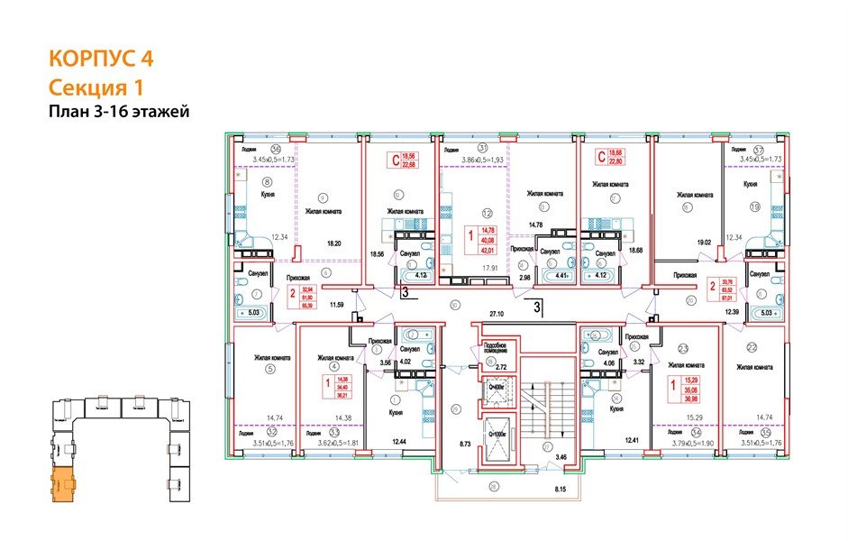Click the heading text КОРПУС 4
(x=100, y=60)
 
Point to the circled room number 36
(x=277, y=149)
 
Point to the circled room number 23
(x=683, y=347)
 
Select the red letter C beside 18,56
(x=393, y=162)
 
